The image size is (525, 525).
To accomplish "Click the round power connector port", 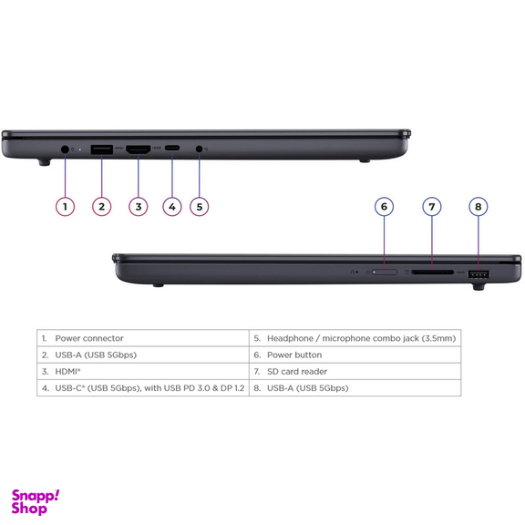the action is pos(65,149).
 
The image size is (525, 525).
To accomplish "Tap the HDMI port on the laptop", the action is pos(138,149).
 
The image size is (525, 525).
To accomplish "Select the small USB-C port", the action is pos(172,148).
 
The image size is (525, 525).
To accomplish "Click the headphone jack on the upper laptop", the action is pos(200,149).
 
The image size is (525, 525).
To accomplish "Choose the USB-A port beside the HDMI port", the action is pos(102,149).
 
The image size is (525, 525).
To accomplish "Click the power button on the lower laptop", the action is pos(385,273).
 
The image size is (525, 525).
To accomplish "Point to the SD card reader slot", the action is pos(433,273).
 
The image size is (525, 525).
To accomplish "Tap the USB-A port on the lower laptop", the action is pos(479,275).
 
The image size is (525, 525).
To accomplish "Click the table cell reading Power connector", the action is pos(143,338).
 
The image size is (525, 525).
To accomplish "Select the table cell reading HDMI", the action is pos(143,371).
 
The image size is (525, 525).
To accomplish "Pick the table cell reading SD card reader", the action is pos(355,371).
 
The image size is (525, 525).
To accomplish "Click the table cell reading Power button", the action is pos(355,355).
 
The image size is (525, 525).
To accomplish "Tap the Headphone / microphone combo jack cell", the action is pos(355,338).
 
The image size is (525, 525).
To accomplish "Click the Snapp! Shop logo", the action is pos(36,502).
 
